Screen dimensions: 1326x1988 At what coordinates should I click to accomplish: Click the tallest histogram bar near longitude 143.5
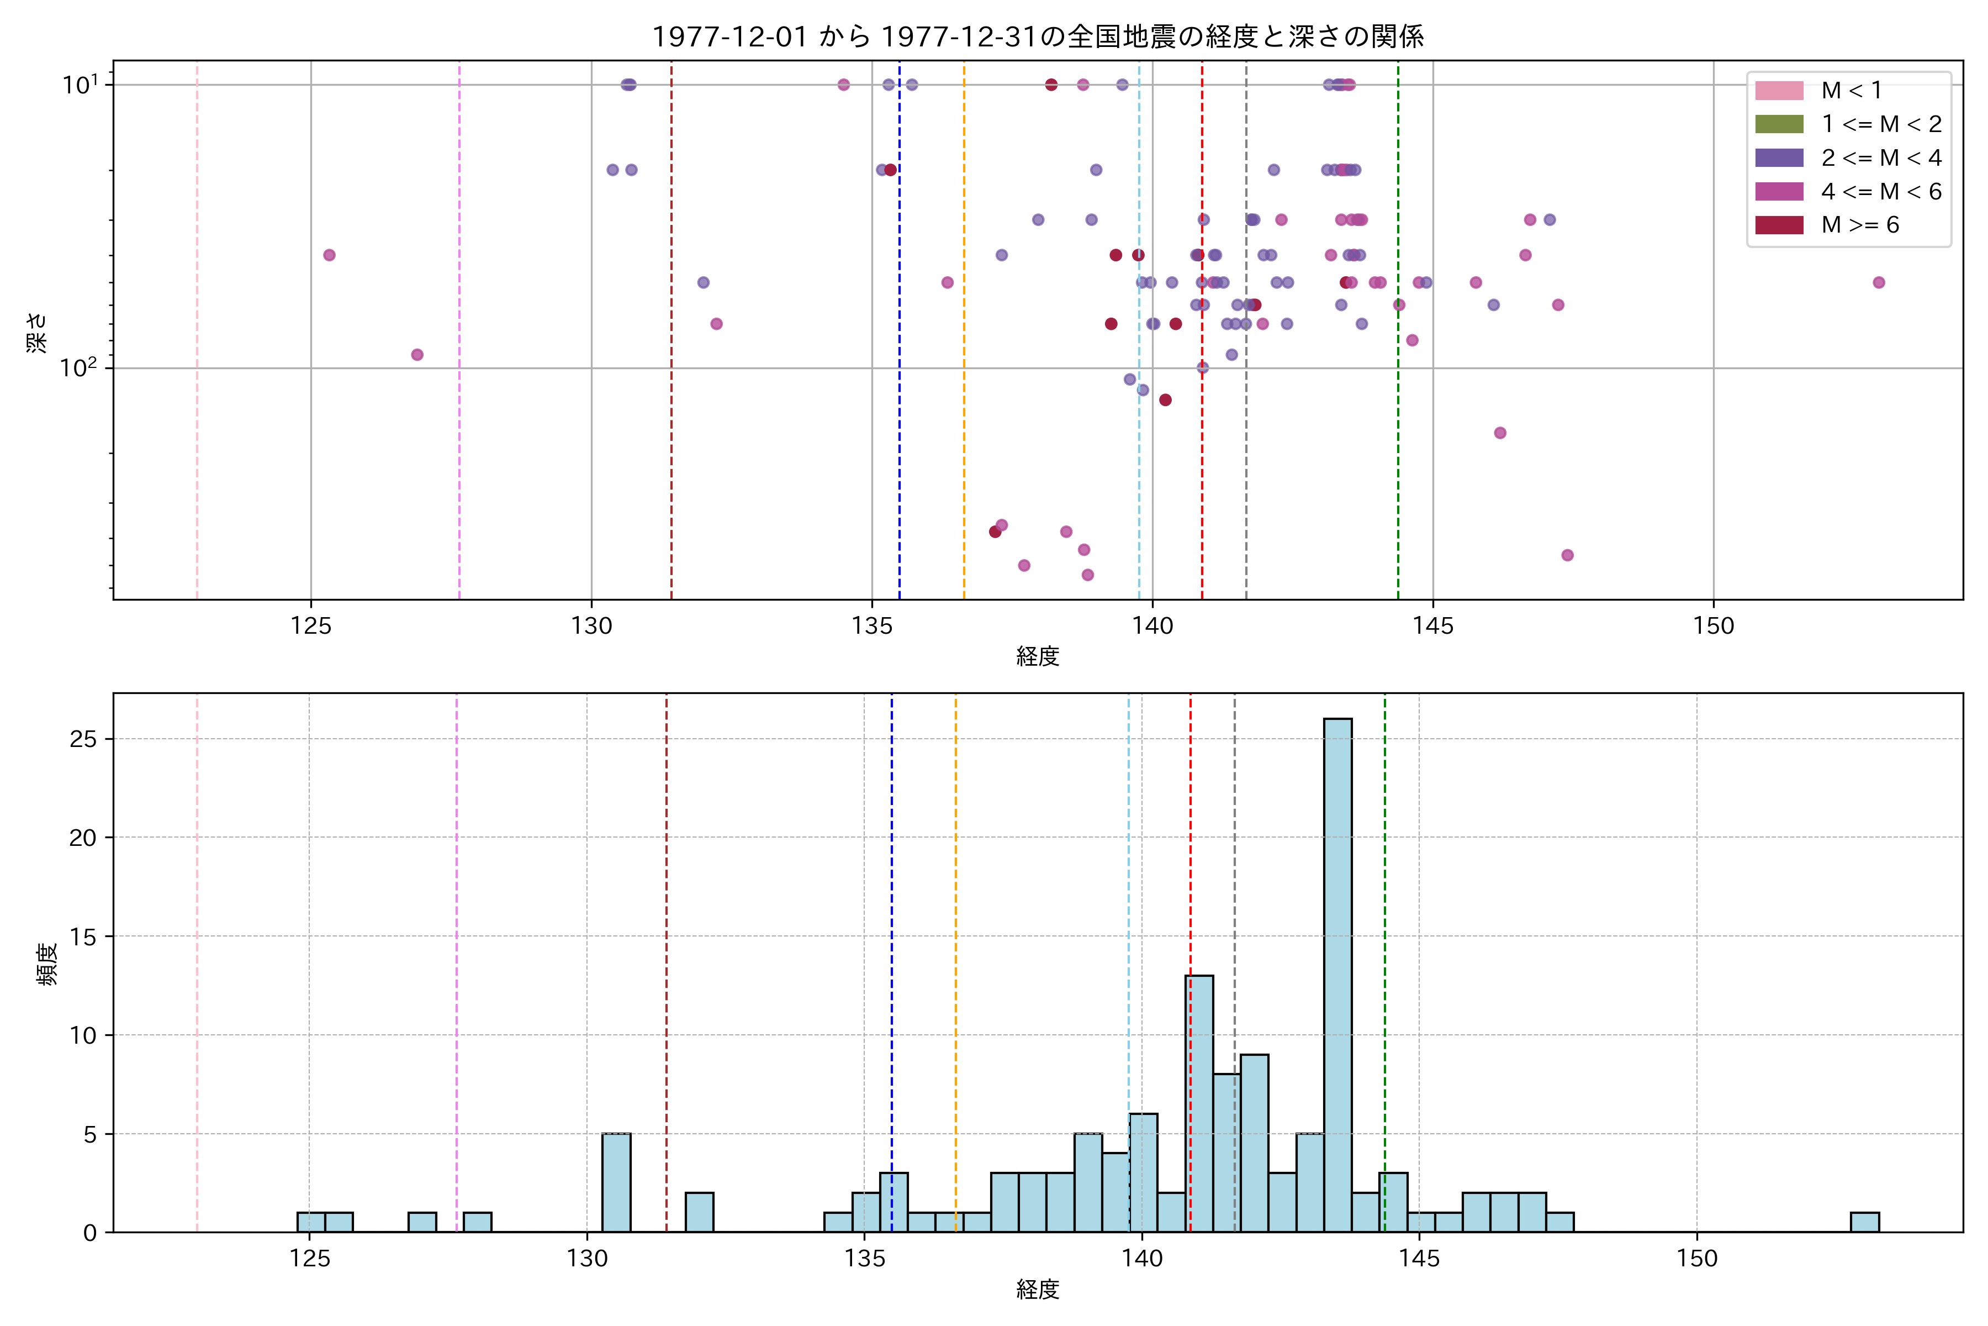1337,972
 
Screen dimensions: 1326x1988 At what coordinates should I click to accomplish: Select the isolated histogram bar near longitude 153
1865,1222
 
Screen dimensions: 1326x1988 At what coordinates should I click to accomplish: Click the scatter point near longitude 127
417,354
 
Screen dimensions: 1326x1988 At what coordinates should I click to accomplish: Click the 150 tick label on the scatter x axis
1714,626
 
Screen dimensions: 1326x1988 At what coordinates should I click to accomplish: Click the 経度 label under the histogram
1037,1290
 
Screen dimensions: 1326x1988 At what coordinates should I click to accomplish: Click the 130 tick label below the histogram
586,1259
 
